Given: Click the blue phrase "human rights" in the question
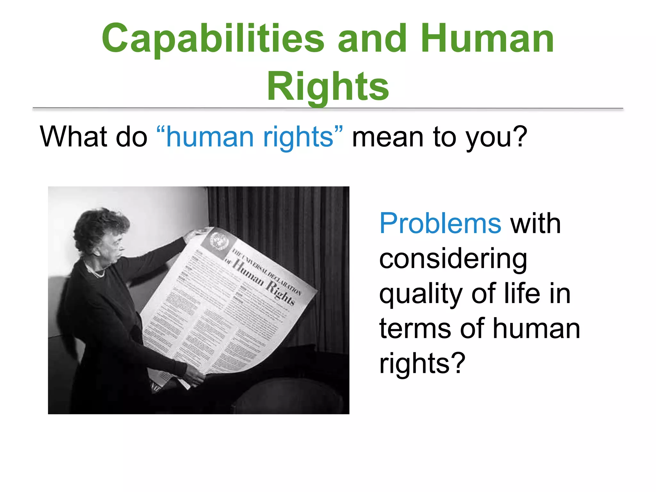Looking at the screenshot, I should tap(250, 137).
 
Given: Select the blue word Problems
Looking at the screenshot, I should tap(440, 223).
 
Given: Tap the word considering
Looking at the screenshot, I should tap(453, 259).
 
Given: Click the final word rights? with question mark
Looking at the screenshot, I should tap(422, 364).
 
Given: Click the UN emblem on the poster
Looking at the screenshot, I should tap(219, 240).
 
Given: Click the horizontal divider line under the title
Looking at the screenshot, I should tap(328, 109).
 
